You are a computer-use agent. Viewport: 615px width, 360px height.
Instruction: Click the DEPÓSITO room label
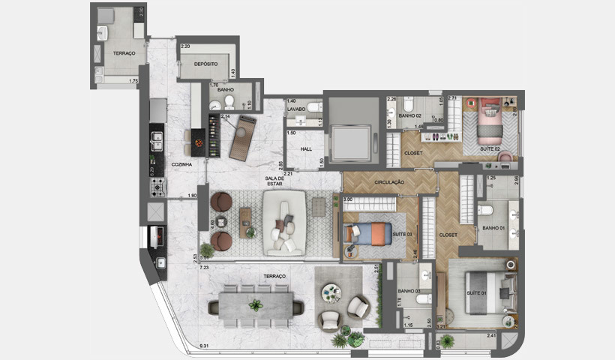pos(205,64)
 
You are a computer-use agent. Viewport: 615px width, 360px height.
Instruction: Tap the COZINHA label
pos(181,164)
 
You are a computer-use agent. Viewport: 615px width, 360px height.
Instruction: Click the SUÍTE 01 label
pos(478,292)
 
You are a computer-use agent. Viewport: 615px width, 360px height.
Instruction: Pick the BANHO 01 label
pos(493,228)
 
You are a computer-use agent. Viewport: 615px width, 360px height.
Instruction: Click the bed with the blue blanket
pos(367,233)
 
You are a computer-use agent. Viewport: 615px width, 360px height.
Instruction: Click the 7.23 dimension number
pos(204,268)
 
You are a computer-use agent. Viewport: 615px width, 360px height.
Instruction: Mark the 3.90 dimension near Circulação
pos(346,199)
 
